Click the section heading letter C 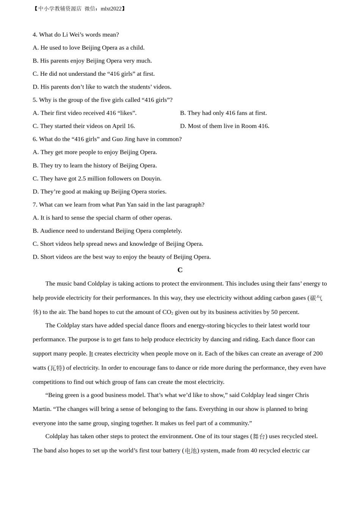pyautogui.click(x=180, y=270)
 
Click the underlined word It pyautogui.click(x=91, y=353)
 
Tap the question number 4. pyautogui.click(x=35, y=34)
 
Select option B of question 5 pyautogui.click(x=223, y=113)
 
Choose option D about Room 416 pyautogui.click(x=224, y=126)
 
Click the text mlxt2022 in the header pyautogui.click(x=111, y=9)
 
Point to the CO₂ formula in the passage pyautogui.click(x=167, y=312)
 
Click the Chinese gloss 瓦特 pyautogui.click(x=56, y=368)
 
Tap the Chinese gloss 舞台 pyautogui.click(x=259, y=437)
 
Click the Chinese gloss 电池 pyautogui.click(x=191, y=451)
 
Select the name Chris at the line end pyautogui.click(x=302, y=395)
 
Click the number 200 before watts pyautogui.click(x=318, y=353)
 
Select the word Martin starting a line pyautogui.click(x=42, y=409)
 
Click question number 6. pyautogui.click(x=35, y=139)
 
